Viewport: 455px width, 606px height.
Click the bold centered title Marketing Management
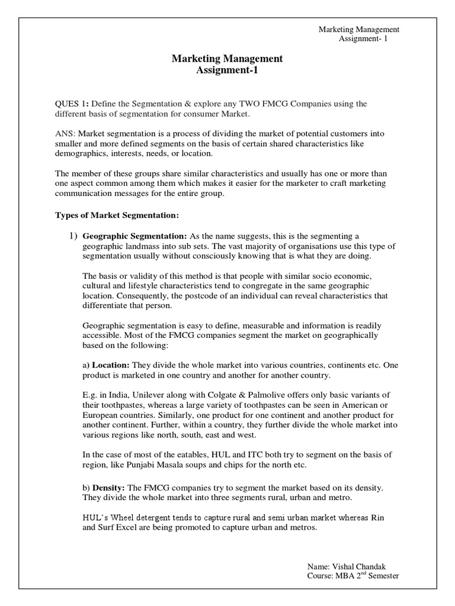tap(227, 59)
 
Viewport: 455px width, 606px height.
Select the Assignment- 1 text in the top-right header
tap(362, 39)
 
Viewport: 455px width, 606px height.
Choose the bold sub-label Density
tap(107, 488)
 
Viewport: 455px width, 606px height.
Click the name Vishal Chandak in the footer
tap(367, 566)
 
